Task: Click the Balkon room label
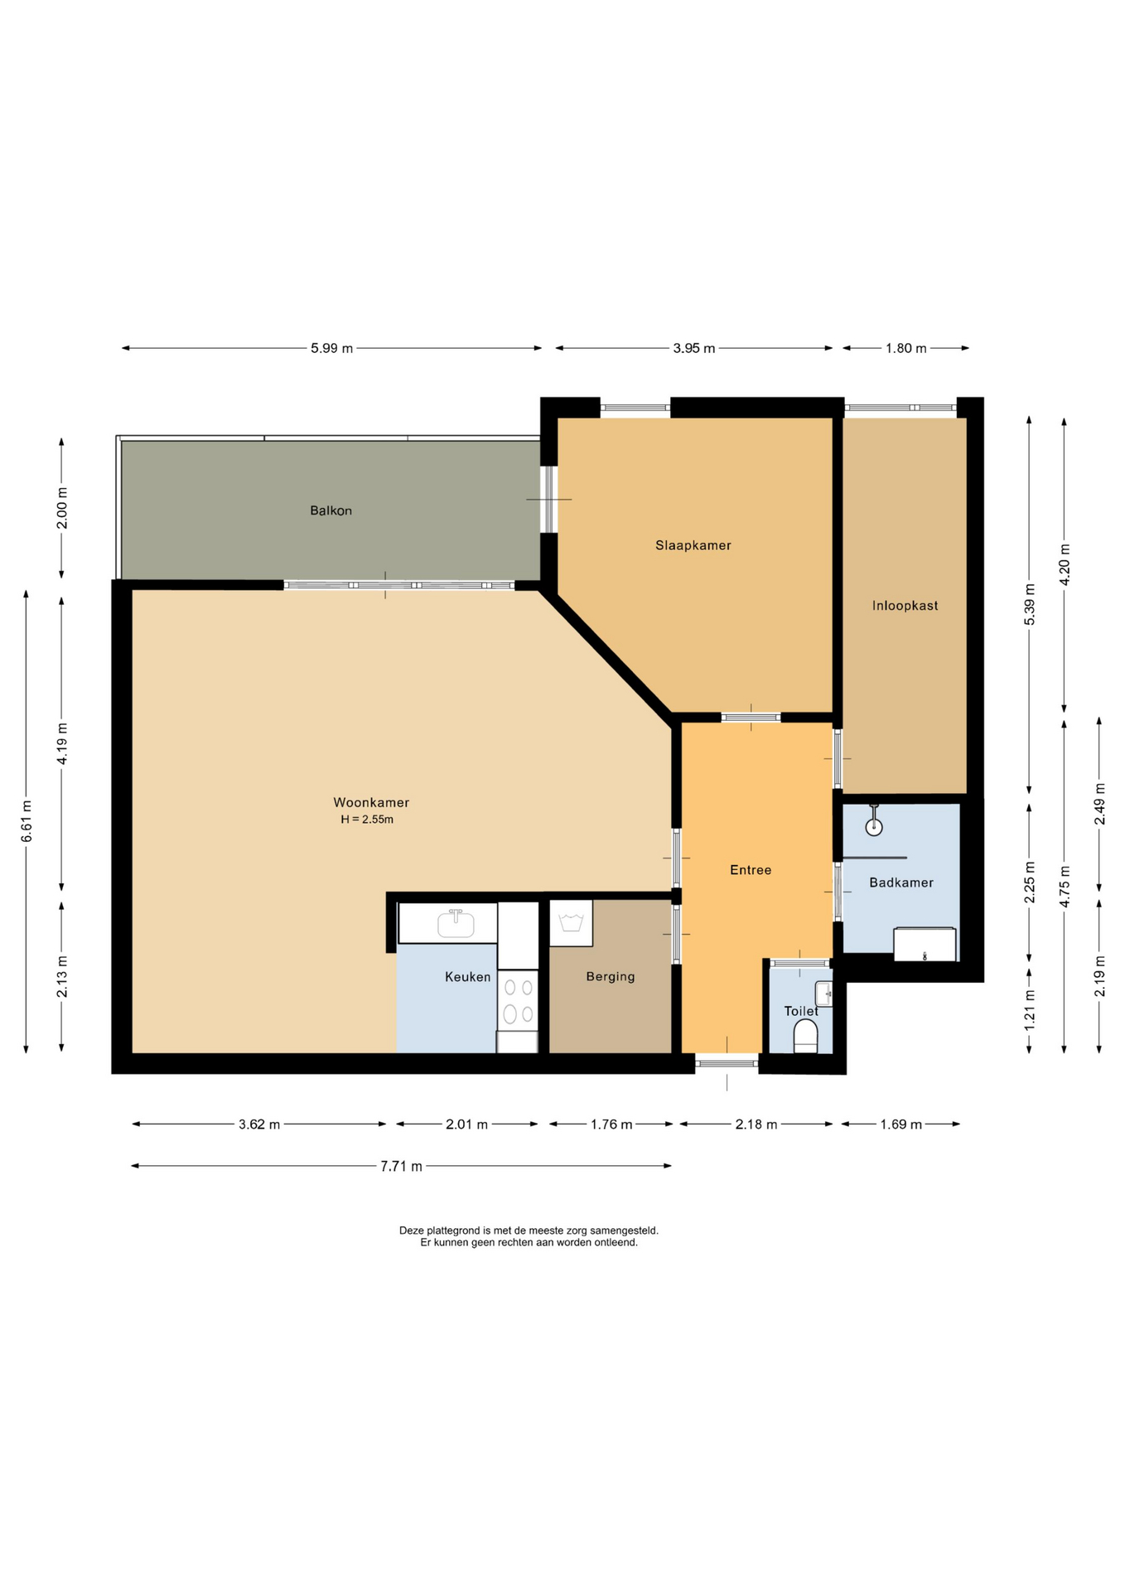click(x=331, y=510)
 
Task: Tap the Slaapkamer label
click(x=693, y=545)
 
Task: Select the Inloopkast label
click(x=905, y=606)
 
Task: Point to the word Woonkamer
click(x=371, y=802)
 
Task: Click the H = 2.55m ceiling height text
click(x=367, y=820)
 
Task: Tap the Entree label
click(x=751, y=870)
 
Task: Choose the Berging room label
click(x=611, y=976)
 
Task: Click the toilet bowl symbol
click(x=805, y=1036)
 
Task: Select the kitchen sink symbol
click(x=456, y=923)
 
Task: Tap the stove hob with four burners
click(x=518, y=1000)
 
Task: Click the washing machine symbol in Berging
click(x=571, y=923)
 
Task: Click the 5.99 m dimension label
click(x=332, y=348)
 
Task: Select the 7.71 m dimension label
click(x=401, y=1166)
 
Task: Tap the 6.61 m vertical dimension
click(x=27, y=821)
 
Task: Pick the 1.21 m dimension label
click(x=1030, y=1011)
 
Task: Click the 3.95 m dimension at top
click(x=694, y=348)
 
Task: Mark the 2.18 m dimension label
click(x=756, y=1124)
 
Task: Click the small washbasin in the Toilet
click(x=823, y=993)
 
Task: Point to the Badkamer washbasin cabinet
click(x=925, y=945)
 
